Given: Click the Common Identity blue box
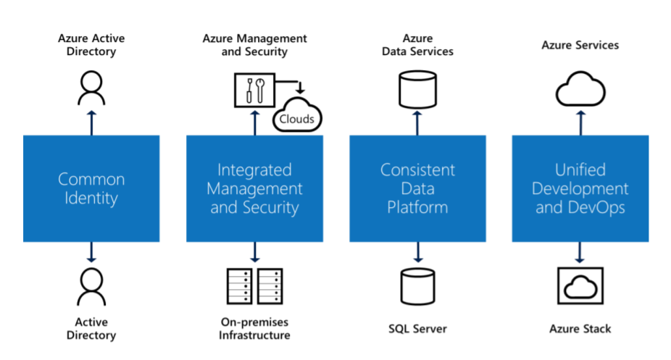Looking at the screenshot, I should point(91,188).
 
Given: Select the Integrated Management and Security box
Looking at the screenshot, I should point(254,188).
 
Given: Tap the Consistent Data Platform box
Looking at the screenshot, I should point(417,188).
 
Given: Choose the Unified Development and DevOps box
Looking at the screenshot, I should point(580,188).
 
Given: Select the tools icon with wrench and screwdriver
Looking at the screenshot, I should point(253,90).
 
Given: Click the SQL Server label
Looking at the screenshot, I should point(417,329).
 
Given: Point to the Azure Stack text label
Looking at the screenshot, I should point(580,329).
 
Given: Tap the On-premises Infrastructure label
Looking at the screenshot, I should point(254,328).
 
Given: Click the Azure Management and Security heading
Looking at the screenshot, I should point(254,45).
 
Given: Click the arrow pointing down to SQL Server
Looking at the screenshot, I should point(417,252).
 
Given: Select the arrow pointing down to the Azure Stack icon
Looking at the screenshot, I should point(580,252).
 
